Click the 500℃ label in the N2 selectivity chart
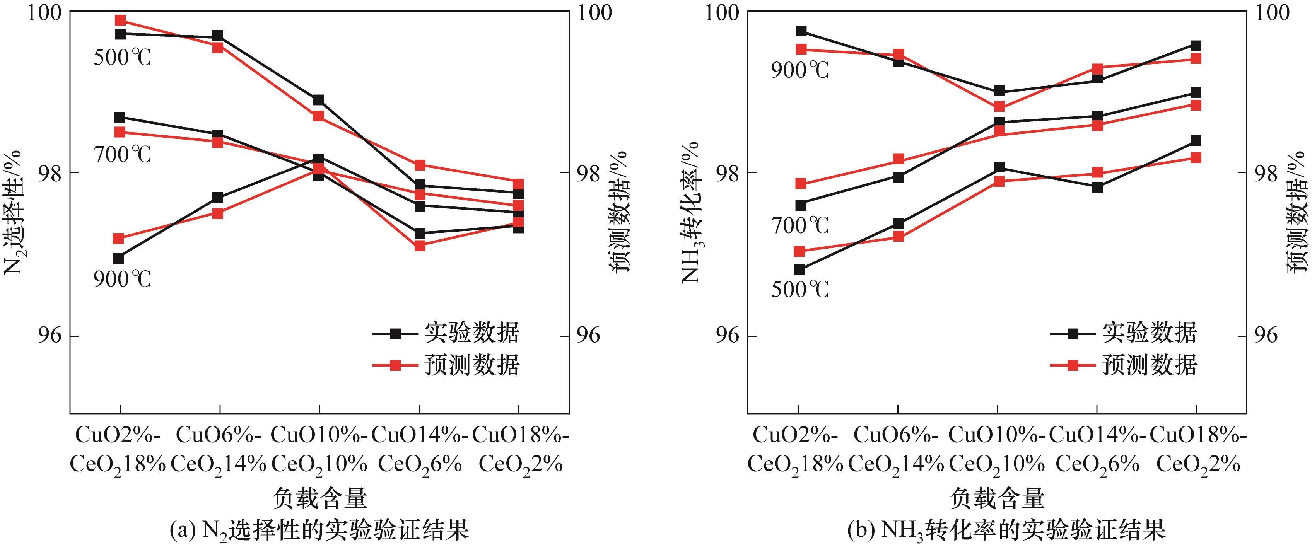[x=122, y=58]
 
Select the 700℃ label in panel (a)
[x=122, y=154]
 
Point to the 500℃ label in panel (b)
[x=799, y=289]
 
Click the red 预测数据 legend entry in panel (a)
[x=446, y=365]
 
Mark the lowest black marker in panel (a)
[x=118, y=259]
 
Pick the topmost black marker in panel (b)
[x=801, y=31]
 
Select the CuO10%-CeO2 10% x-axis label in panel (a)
[x=319, y=450]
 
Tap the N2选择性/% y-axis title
[x=13, y=212]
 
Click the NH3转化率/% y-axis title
[x=691, y=212]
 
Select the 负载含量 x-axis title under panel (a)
[x=319, y=498]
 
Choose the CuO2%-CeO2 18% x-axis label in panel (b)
[x=796, y=450]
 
